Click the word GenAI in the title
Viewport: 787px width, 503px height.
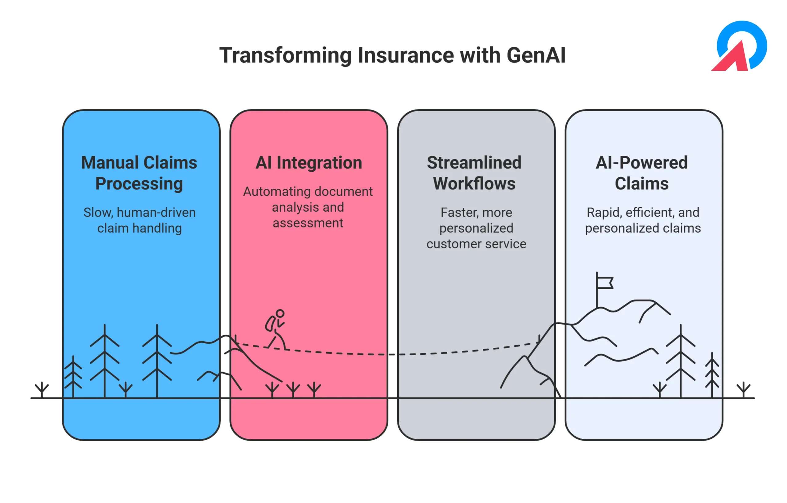coord(536,55)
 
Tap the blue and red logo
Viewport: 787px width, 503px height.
coord(739,46)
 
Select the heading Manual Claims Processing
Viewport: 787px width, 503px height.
coord(139,173)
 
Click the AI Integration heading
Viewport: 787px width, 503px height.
coord(309,162)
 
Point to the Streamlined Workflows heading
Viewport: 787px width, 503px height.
coord(474,173)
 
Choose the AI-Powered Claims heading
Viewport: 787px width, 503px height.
coord(642,173)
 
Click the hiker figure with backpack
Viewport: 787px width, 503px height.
coord(275,330)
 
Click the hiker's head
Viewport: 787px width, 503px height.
coord(280,313)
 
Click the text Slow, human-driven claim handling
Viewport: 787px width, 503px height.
coord(140,220)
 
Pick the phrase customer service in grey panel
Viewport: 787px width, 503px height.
coord(477,244)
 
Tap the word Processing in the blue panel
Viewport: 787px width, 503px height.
coord(139,184)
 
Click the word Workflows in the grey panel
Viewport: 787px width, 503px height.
coord(474,183)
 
